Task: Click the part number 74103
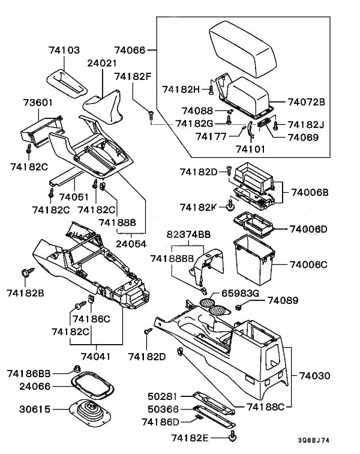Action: click(64, 51)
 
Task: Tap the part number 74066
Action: click(130, 50)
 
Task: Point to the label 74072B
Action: click(306, 102)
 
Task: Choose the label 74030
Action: click(314, 376)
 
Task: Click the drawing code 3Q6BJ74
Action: click(331, 440)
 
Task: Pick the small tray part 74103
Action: click(68, 78)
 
